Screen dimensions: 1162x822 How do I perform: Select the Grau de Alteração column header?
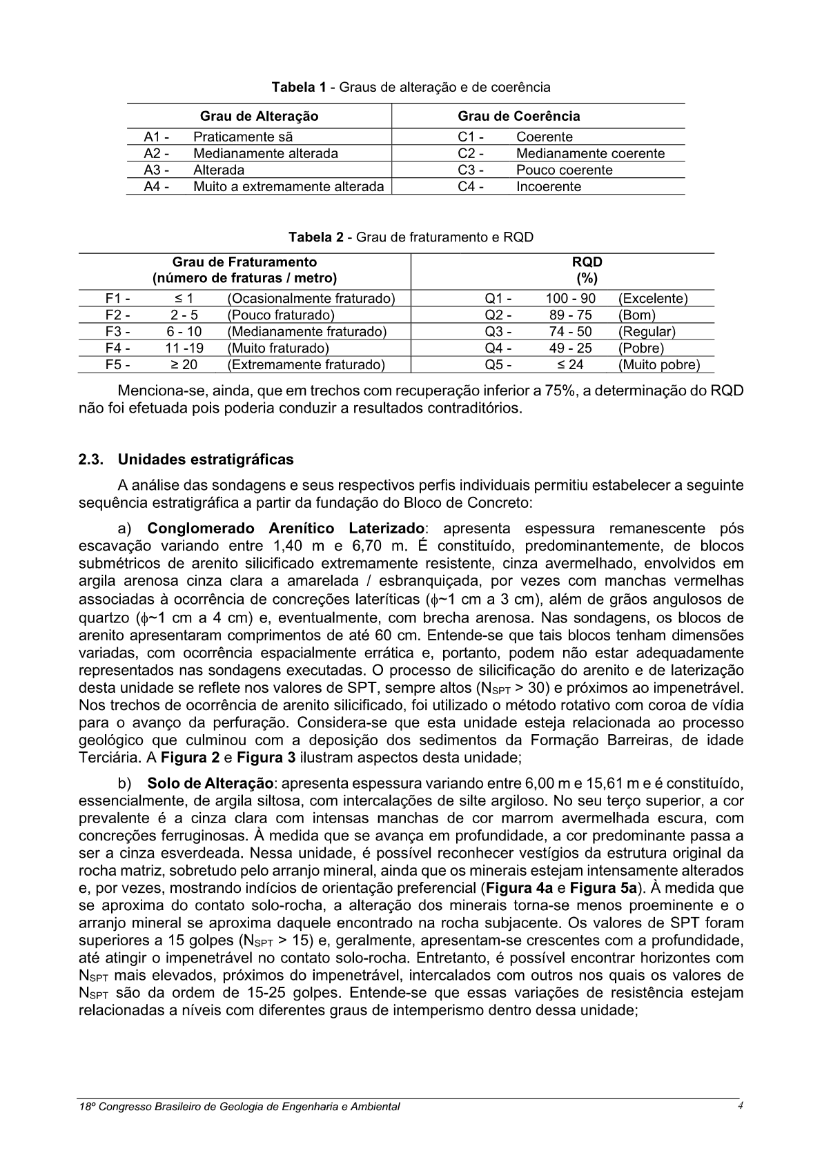(x=259, y=116)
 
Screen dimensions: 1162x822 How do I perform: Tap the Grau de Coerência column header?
(x=518, y=116)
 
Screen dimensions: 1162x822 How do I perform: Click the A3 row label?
(x=156, y=170)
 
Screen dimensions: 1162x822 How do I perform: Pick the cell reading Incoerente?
(x=549, y=186)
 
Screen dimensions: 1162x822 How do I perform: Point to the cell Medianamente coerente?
(x=590, y=153)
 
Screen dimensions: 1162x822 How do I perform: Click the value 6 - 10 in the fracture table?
(x=184, y=331)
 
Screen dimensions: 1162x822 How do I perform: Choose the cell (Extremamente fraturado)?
(x=306, y=364)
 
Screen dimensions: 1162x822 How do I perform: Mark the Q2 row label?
(x=498, y=315)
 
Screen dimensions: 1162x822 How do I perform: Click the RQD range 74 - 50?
(x=570, y=331)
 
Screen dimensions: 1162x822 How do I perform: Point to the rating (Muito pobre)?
(x=659, y=364)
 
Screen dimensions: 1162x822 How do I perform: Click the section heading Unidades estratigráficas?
(x=206, y=460)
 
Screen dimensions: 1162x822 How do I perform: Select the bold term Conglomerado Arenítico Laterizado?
(x=286, y=529)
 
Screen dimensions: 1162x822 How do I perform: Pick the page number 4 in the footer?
(x=739, y=1105)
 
